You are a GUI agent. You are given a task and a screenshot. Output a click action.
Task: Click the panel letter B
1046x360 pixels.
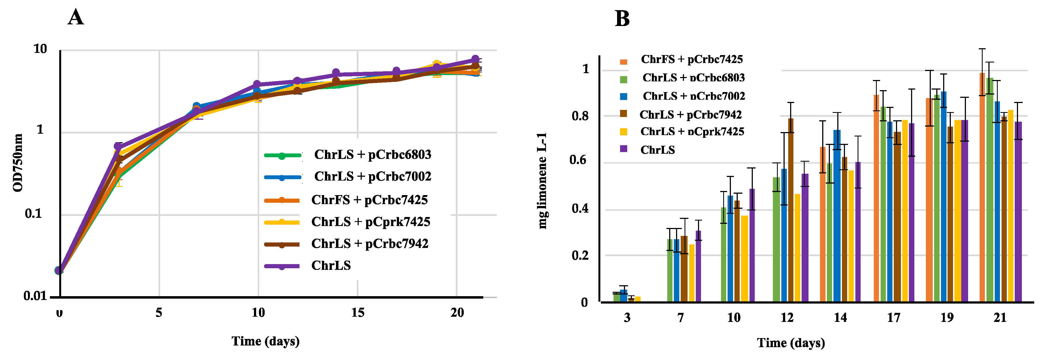(622, 19)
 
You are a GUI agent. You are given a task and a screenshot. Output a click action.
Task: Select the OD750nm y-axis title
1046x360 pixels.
(18, 162)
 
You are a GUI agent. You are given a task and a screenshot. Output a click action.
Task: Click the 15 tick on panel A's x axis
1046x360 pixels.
(357, 313)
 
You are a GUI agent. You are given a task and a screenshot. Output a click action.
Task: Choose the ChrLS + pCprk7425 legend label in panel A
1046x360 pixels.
(370, 222)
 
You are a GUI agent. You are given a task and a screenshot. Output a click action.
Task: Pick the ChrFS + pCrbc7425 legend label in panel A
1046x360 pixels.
(369, 200)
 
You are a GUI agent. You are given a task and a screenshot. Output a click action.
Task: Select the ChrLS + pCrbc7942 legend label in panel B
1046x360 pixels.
(690, 115)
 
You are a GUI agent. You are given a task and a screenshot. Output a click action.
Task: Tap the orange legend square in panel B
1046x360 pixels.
(623, 62)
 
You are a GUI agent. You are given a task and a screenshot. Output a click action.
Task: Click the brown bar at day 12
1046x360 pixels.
(791, 210)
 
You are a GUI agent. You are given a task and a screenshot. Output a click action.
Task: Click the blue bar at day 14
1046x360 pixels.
(837, 216)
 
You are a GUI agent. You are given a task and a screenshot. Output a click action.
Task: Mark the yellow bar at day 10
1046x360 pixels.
(744, 259)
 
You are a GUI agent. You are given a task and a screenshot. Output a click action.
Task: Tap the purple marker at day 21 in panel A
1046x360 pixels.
(475, 59)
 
